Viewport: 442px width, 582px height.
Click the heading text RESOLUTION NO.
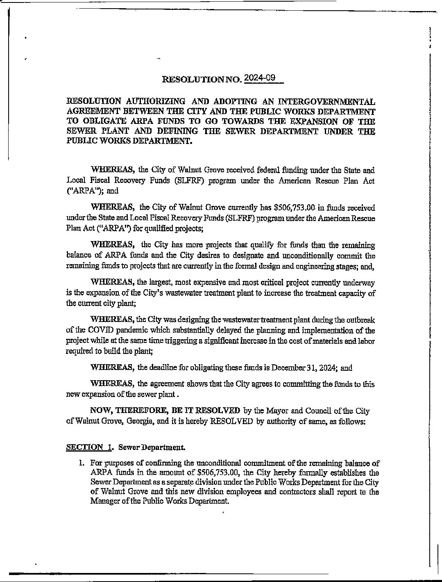coord(202,79)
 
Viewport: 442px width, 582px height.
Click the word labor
coord(366,341)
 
